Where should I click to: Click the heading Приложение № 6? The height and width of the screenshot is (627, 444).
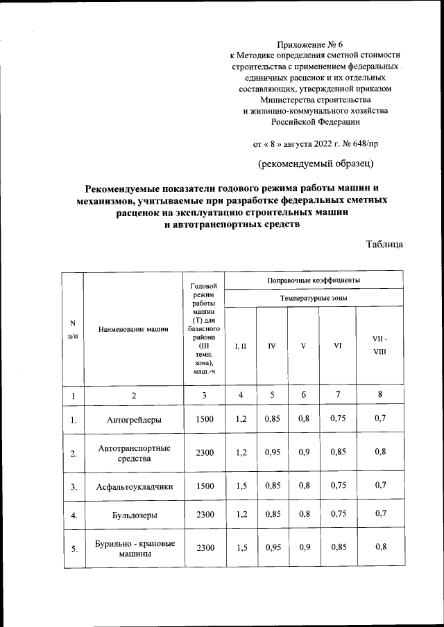[315, 44]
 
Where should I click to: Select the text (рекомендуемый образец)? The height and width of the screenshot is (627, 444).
[316, 164]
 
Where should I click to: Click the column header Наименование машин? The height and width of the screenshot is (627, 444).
[134, 330]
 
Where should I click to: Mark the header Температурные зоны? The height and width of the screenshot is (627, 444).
[314, 298]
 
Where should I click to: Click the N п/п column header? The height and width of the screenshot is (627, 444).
[73, 330]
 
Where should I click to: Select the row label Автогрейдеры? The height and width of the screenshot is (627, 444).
[134, 419]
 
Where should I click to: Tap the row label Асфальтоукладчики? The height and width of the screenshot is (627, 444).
[134, 486]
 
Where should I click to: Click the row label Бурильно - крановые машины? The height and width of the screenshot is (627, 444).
[134, 548]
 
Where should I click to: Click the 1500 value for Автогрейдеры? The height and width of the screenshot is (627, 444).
[205, 419]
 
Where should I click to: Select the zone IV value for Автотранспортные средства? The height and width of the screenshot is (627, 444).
[271, 452]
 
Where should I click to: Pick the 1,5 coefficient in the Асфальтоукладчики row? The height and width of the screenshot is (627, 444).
[241, 486]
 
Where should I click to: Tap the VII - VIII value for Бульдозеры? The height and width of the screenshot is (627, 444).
[379, 515]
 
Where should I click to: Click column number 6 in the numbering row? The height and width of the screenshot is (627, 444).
[303, 396]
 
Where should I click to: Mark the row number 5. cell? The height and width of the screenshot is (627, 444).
[73, 549]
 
